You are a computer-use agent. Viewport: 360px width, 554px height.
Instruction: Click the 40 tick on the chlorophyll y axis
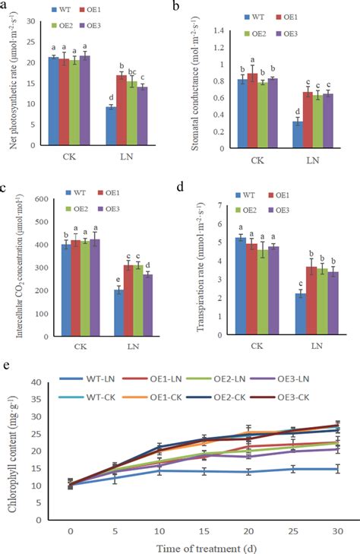[36, 381]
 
